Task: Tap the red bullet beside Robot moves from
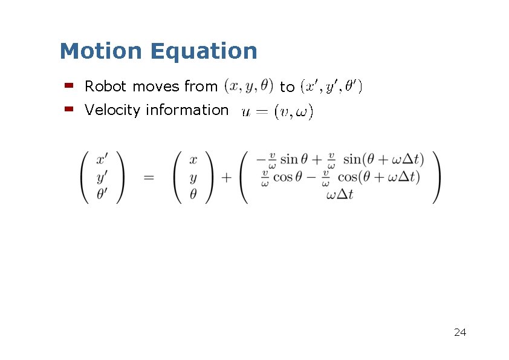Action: click(x=68, y=86)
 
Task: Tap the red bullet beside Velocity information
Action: click(x=68, y=110)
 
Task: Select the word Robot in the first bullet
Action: click(x=106, y=87)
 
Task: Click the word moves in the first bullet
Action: click(x=155, y=87)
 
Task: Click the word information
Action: click(x=187, y=110)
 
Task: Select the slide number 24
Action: click(x=459, y=332)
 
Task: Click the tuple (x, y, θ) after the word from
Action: click(x=248, y=87)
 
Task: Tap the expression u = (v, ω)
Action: click(x=277, y=112)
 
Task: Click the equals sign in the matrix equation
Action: click(x=149, y=177)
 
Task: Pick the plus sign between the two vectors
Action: click(x=226, y=177)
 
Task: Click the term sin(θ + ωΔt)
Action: click(x=383, y=160)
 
